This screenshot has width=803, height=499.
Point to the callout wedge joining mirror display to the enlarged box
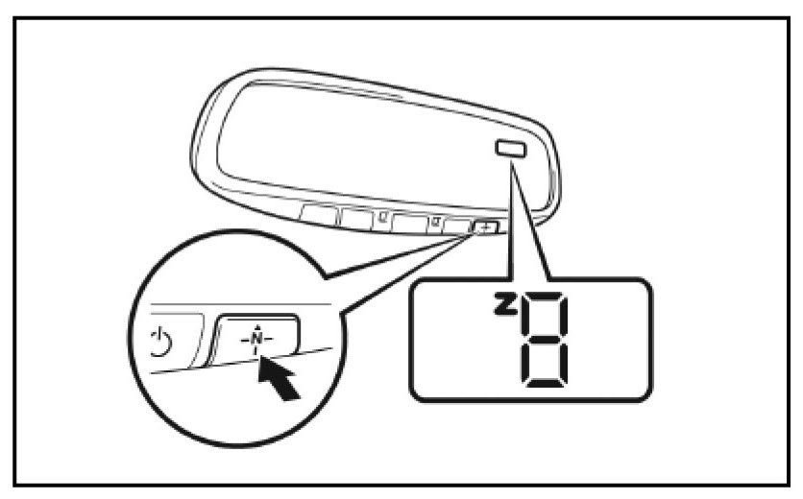(x=523, y=221)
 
